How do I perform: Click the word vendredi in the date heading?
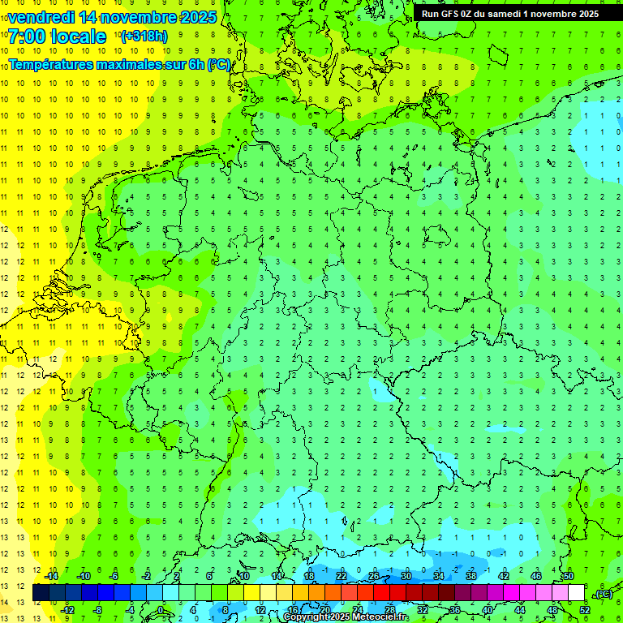pos(41,17)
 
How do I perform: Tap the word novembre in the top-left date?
pos(134,17)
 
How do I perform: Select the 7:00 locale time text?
pos(57,37)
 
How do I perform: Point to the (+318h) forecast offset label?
pos(144,37)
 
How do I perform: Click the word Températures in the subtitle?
pos(53,64)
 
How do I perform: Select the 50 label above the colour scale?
pos(568,576)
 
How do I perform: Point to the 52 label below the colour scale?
pos(585,610)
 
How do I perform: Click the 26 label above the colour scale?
pos(374,576)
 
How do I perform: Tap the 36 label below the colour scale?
pos(455,610)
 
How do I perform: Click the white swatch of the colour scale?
pos(576,593)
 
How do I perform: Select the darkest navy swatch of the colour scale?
pos(41,593)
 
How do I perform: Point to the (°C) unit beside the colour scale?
pos(604,594)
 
